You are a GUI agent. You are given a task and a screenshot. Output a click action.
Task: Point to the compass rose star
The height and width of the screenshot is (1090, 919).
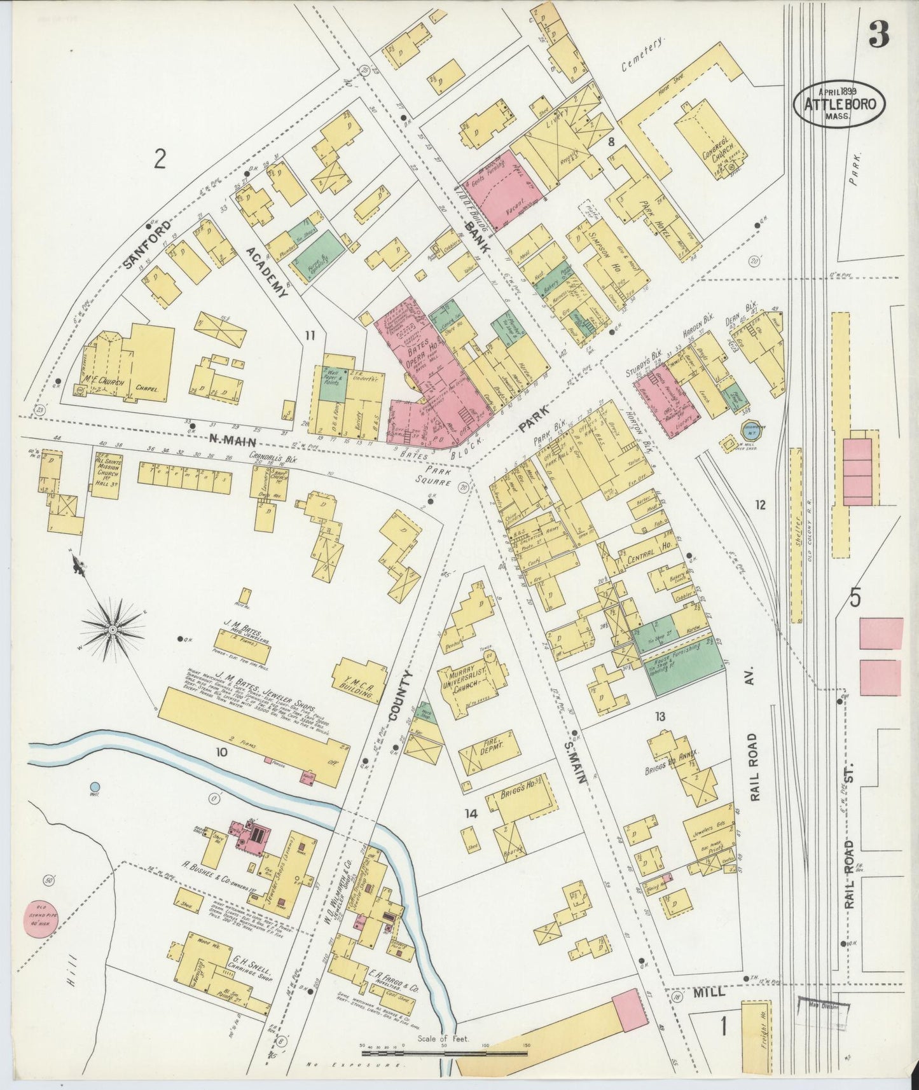[x=113, y=629]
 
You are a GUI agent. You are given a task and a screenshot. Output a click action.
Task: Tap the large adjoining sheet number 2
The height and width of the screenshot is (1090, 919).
[x=159, y=158]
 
